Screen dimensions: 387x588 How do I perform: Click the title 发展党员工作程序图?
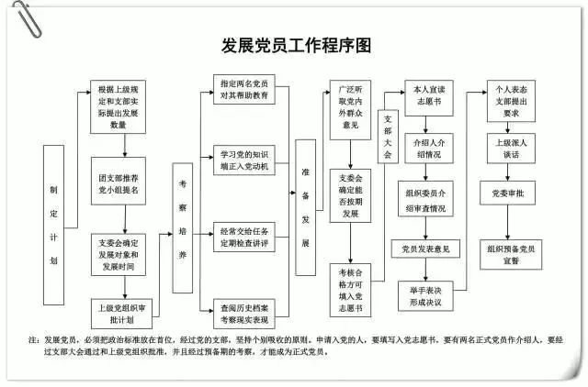click(x=295, y=45)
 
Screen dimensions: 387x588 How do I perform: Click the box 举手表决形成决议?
click(x=427, y=295)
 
